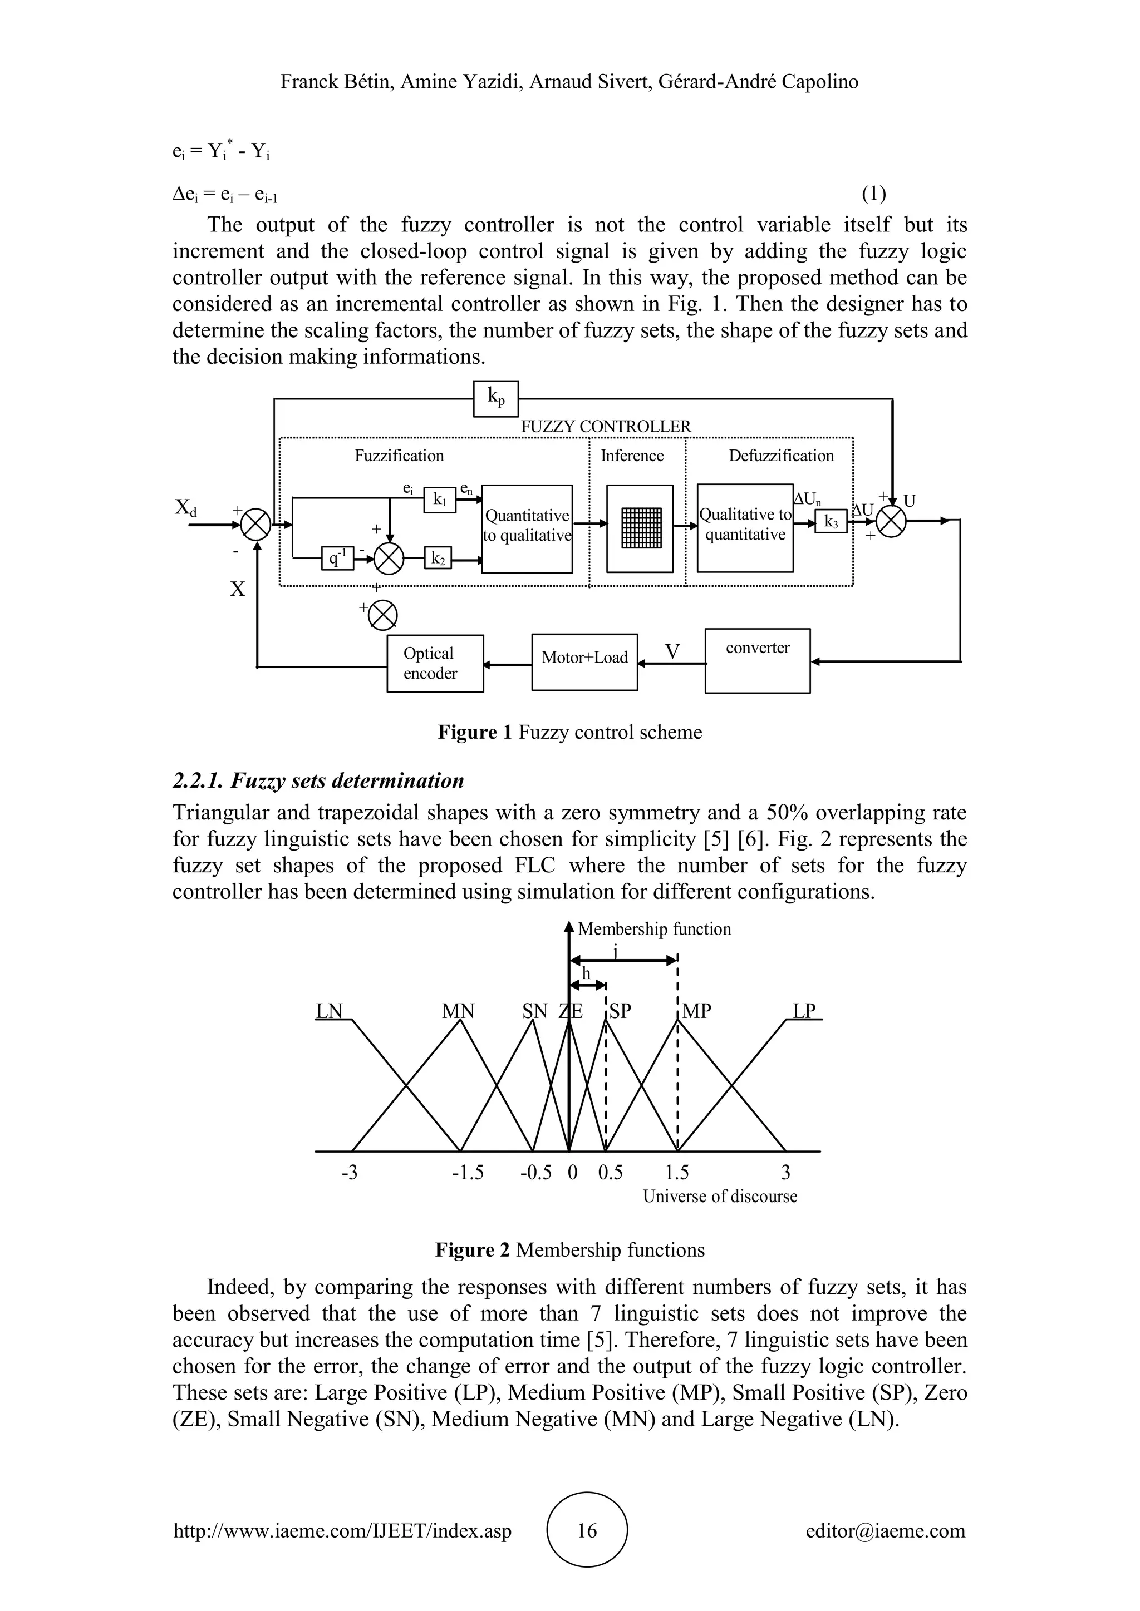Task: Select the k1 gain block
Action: [x=440, y=500]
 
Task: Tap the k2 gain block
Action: [x=438, y=559]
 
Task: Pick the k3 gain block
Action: [x=831, y=521]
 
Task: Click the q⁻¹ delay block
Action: [x=338, y=559]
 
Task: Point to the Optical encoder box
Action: [x=435, y=663]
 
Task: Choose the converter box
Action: [x=758, y=660]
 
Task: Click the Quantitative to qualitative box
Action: [x=527, y=528]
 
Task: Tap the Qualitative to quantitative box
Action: [x=745, y=528]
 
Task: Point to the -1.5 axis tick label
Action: [x=468, y=1173]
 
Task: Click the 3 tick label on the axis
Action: [x=785, y=1173]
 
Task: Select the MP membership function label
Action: [x=696, y=1011]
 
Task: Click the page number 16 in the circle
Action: [x=587, y=1530]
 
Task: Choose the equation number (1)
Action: [x=873, y=193]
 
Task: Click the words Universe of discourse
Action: [x=720, y=1197]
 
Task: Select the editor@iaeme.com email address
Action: [x=885, y=1531]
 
